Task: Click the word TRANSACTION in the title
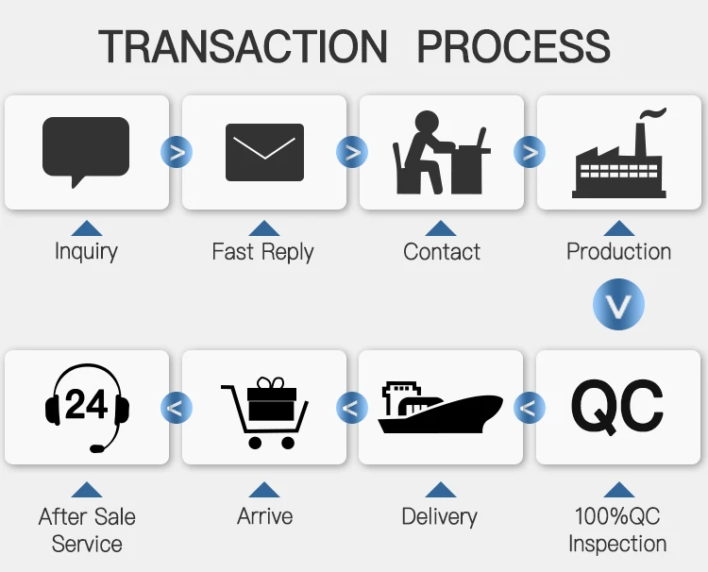tap(244, 46)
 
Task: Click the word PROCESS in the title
tap(514, 46)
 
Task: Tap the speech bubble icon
tap(86, 151)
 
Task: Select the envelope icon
tap(264, 152)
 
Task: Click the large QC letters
tap(618, 406)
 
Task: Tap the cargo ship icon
tap(441, 408)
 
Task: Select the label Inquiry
tap(86, 252)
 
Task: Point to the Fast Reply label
tap(262, 252)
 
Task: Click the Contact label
tap(441, 252)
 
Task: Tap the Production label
tap(618, 252)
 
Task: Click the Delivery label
tap(440, 516)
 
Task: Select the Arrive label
tap(264, 516)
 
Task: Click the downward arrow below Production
tap(618, 304)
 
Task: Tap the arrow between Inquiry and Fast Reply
tap(176, 151)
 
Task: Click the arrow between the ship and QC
tap(529, 408)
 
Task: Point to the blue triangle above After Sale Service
tap(87, 489)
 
